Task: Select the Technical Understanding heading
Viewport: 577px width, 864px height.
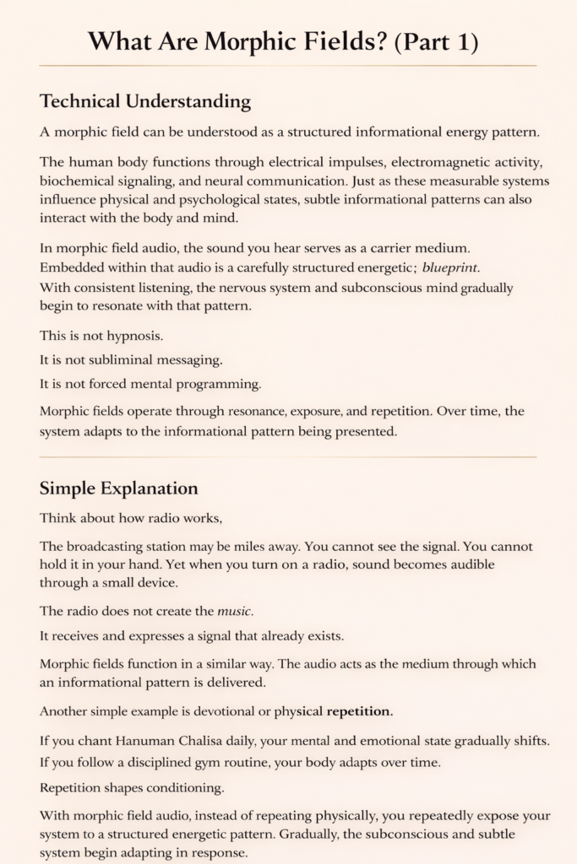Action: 145,102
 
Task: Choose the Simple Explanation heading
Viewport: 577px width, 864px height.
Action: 119,489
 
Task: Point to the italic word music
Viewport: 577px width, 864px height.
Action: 237,610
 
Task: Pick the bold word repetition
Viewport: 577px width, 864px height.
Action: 359,710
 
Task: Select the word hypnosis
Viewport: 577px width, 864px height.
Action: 137,336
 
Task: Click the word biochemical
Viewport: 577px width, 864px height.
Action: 80,181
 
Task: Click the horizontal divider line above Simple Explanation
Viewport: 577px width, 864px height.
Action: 288,457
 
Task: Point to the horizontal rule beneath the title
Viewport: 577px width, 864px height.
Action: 288,65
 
